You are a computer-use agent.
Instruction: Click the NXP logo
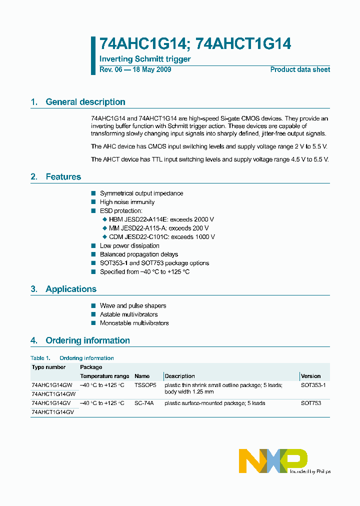point(273,460)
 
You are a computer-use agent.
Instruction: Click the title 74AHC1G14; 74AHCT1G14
point(195,44)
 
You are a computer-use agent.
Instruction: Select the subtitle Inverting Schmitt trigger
point(145,59)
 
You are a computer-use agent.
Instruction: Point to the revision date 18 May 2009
point(151,69)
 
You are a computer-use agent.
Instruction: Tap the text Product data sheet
point(300,69)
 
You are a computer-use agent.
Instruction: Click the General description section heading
point(85,102)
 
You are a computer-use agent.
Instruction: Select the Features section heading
point(63,177)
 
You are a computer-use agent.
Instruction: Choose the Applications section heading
point(70,289)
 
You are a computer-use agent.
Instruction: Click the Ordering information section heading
point(87,340)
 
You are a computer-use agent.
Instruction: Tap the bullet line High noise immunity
point(127,202)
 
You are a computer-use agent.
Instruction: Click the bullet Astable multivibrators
point(128,314)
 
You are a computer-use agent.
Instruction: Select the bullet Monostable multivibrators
point(134,323)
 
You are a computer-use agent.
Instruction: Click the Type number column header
point(48,367)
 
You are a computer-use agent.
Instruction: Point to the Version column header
point(311,376)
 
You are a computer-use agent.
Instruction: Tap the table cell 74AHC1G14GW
point(51,385)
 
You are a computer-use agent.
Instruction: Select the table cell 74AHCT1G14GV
point(52,412)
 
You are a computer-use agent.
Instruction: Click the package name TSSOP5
point(145,385)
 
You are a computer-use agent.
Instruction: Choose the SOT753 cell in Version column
point(311,403)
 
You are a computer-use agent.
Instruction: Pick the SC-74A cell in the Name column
point(144,403)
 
